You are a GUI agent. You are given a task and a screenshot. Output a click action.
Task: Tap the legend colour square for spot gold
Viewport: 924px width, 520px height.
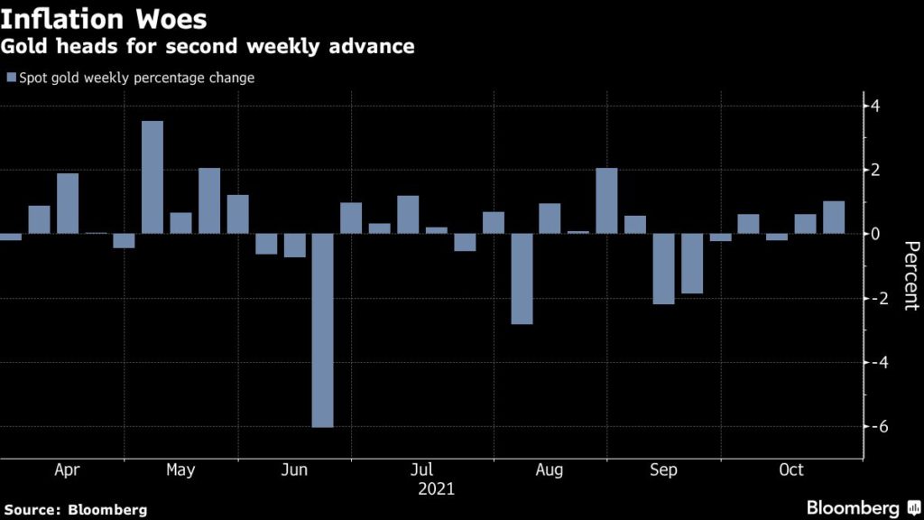point(11,78)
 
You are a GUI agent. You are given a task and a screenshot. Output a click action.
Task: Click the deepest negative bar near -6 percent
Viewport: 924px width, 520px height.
point(322,330)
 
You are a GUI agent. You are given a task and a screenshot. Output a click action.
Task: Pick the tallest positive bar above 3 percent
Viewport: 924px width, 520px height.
point(152,177)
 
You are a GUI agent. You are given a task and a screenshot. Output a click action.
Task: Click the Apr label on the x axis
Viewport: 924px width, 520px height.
point(68,470)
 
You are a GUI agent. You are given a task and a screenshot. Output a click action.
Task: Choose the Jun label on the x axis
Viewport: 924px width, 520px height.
point(295,470)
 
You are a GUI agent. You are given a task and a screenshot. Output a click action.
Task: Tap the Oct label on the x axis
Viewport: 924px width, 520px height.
point(791,470)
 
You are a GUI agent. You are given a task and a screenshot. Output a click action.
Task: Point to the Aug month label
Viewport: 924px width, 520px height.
point(550,470)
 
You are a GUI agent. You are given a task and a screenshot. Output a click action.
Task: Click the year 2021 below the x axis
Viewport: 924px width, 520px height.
point(436,489)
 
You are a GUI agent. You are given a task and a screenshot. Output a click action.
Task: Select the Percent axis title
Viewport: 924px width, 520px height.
point(910,276)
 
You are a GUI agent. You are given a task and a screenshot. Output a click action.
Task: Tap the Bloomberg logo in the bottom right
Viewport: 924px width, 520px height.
point(853,507)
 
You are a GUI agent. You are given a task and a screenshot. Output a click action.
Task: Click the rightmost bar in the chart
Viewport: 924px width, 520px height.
point(834,218)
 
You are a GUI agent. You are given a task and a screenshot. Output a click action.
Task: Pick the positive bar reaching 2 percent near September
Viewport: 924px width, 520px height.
point(606,200)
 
